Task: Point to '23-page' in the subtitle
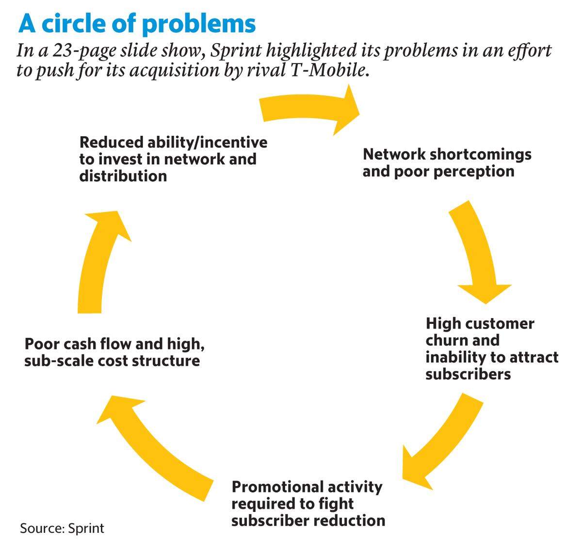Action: tap(84, 51)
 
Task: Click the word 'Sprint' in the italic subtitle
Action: tap(236, 51)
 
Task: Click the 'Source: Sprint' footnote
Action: tap(62, 528)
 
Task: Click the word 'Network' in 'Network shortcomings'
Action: tap(394, 155)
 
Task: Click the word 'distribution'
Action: tap(123, 176)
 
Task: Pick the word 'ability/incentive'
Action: tap(207, 143)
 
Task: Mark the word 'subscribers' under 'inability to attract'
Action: tap(468, 374)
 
